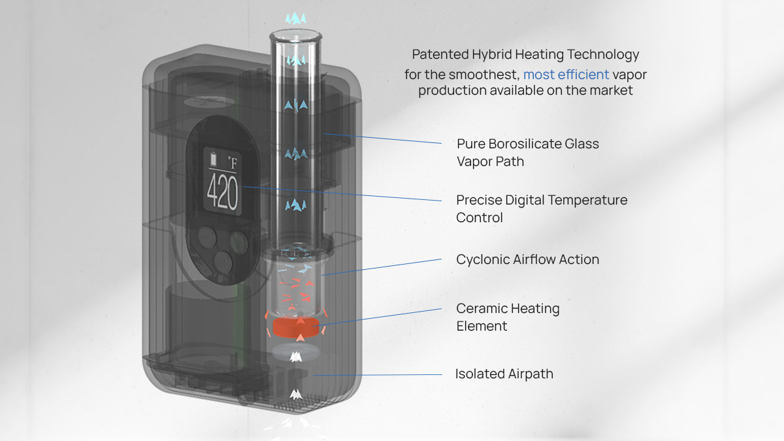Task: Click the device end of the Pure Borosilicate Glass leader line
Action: click(x=323, y=133)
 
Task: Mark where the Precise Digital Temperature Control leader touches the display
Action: click(x=243, y=187)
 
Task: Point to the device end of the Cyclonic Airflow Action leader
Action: click(x=321, y=275)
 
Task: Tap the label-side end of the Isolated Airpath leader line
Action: click(x=442, y=374)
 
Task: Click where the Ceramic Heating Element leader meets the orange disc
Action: click(x=312, y=326)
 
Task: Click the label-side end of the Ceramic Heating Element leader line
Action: click(x=442, y=308)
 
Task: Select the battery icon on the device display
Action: click(x=213, y=159)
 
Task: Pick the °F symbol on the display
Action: click(x=233, y=163)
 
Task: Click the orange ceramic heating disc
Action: click(x=296, y=327)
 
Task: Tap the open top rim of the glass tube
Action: click(x=296, y=35)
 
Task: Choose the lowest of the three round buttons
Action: click(x=223, y=262)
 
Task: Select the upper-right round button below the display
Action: click(x=239, y=242)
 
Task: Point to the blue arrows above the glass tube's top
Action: click(x=296, y=18)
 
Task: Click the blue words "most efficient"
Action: click(x=566, y=74)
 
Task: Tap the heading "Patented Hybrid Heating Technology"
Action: click(x=525, y=55)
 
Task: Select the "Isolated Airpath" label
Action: click(x=504, y=374)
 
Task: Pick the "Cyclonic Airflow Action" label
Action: click(x=527, y=259)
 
